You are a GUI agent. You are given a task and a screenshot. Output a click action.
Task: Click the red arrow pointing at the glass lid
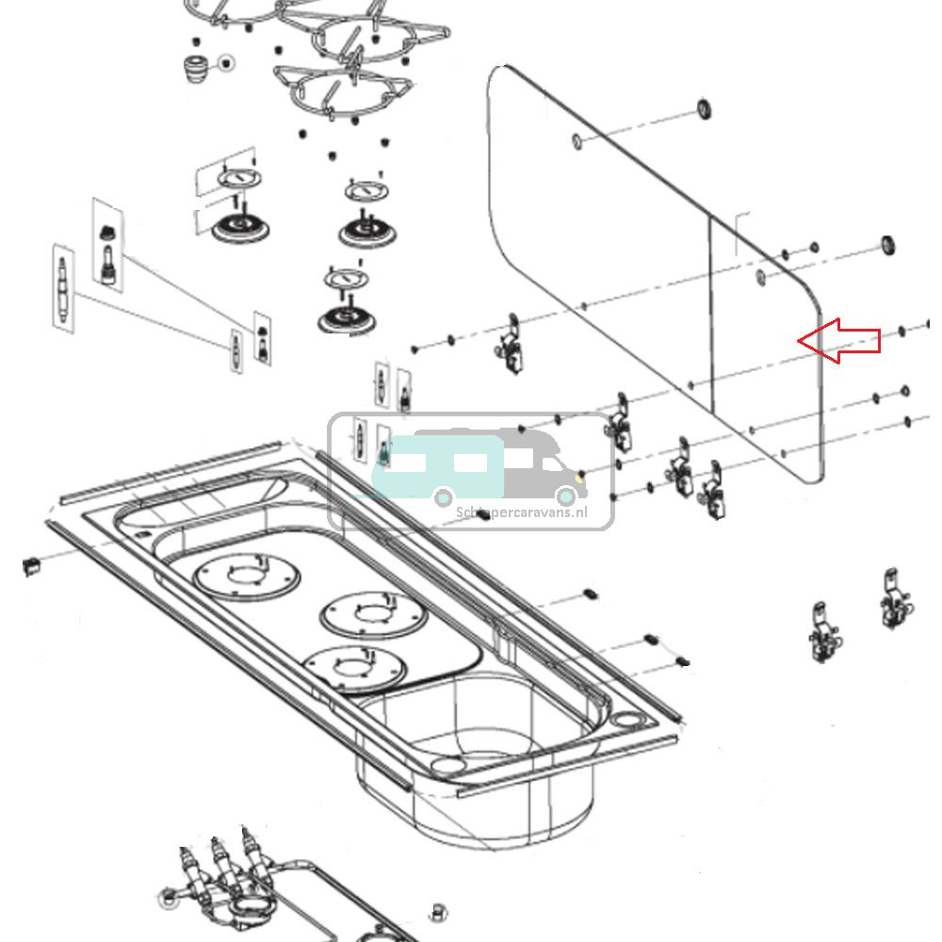tap(840, 340)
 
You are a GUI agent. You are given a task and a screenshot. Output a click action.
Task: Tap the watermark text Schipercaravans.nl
tap(521, 512)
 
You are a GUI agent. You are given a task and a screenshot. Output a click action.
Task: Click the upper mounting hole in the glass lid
tap(577, 141)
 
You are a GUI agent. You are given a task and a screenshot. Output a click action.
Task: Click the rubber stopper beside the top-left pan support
tap(194, 67)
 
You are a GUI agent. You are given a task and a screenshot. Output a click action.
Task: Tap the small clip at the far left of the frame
tap(32, 565)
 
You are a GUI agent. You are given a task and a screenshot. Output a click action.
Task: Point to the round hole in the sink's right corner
tap(625, 721)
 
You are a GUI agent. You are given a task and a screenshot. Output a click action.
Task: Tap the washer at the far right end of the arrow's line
tap(901, 331)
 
